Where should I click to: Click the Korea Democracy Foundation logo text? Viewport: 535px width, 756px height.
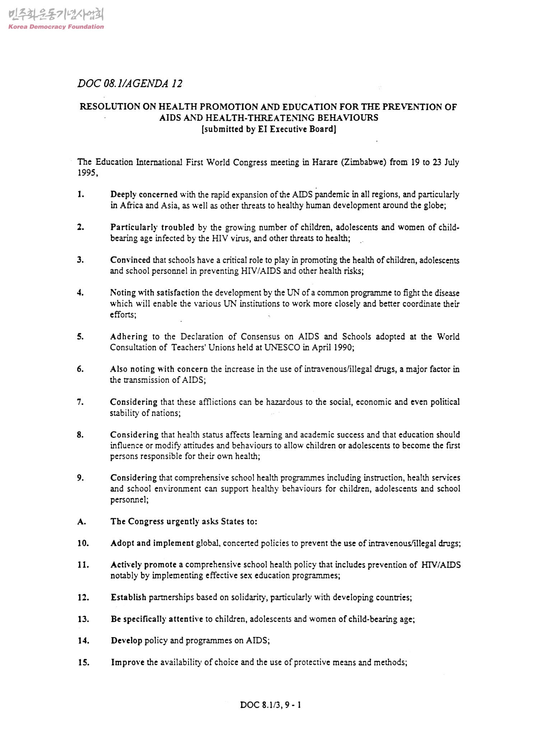click(56, 27)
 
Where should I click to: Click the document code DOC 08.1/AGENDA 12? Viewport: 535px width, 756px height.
click(130, 84)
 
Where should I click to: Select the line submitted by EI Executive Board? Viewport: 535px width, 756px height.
click(269, 129)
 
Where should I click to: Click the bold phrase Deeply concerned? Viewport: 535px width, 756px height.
click(144, 195)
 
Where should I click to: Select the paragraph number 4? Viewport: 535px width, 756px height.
click(80, 293)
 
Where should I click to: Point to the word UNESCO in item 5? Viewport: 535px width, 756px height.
click(282, 348)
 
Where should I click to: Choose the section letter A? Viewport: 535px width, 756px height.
click(82, 522)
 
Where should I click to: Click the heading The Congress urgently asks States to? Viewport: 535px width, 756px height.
click(183, 521)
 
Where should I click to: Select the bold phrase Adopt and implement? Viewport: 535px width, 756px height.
click(152, 543)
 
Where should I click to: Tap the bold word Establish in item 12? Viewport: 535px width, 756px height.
click(128, 597)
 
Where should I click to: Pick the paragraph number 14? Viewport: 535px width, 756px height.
click(84, 640)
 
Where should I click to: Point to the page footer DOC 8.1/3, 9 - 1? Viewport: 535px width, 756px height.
click(270, 705)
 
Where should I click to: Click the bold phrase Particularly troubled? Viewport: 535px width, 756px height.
click(152, 227)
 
